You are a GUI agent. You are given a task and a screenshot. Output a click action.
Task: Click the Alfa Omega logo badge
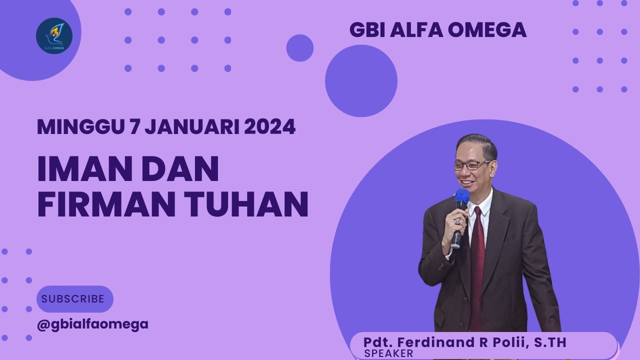pos(54,36)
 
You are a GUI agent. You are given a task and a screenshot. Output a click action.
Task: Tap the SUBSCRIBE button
pos(74,299)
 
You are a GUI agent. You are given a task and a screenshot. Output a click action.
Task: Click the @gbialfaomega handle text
pos(92,324)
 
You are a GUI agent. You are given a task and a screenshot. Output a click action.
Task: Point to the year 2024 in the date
pos(269,127)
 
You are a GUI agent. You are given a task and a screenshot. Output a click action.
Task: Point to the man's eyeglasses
pos(472,165)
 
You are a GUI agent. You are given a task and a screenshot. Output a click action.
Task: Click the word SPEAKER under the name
pos(389,353)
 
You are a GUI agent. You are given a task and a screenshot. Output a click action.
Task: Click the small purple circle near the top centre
pos(299,48)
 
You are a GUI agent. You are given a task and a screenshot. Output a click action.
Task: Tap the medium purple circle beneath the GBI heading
pos(361,80)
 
